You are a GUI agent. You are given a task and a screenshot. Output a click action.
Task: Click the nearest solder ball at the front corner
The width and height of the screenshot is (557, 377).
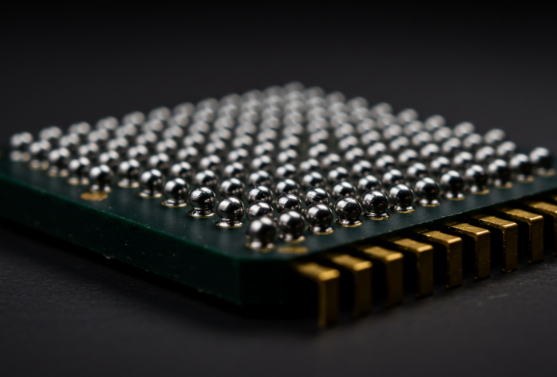pos(262,231)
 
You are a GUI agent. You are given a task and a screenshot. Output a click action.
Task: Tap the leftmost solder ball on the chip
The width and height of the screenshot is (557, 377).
pos(21,142)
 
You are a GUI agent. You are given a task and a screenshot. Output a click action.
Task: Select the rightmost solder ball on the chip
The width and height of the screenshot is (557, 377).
pos(541,159)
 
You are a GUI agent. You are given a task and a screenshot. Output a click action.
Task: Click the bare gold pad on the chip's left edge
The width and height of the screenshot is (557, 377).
pos(95,196)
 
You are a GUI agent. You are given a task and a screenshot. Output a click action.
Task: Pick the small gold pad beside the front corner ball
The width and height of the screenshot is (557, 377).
pos(293,250)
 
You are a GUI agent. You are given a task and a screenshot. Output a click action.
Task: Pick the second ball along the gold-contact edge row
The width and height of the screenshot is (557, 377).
pos(291,224)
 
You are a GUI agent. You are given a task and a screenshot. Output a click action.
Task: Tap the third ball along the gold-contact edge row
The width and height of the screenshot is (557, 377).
pos(320,217)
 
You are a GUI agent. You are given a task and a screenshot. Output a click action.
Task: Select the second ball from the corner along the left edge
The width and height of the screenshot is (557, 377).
pos(230,210)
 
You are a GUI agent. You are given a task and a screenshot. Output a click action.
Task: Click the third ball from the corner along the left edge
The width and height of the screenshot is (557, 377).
pos(202,200)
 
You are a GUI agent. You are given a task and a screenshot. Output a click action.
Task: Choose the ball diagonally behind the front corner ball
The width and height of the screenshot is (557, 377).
pos(260,211)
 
